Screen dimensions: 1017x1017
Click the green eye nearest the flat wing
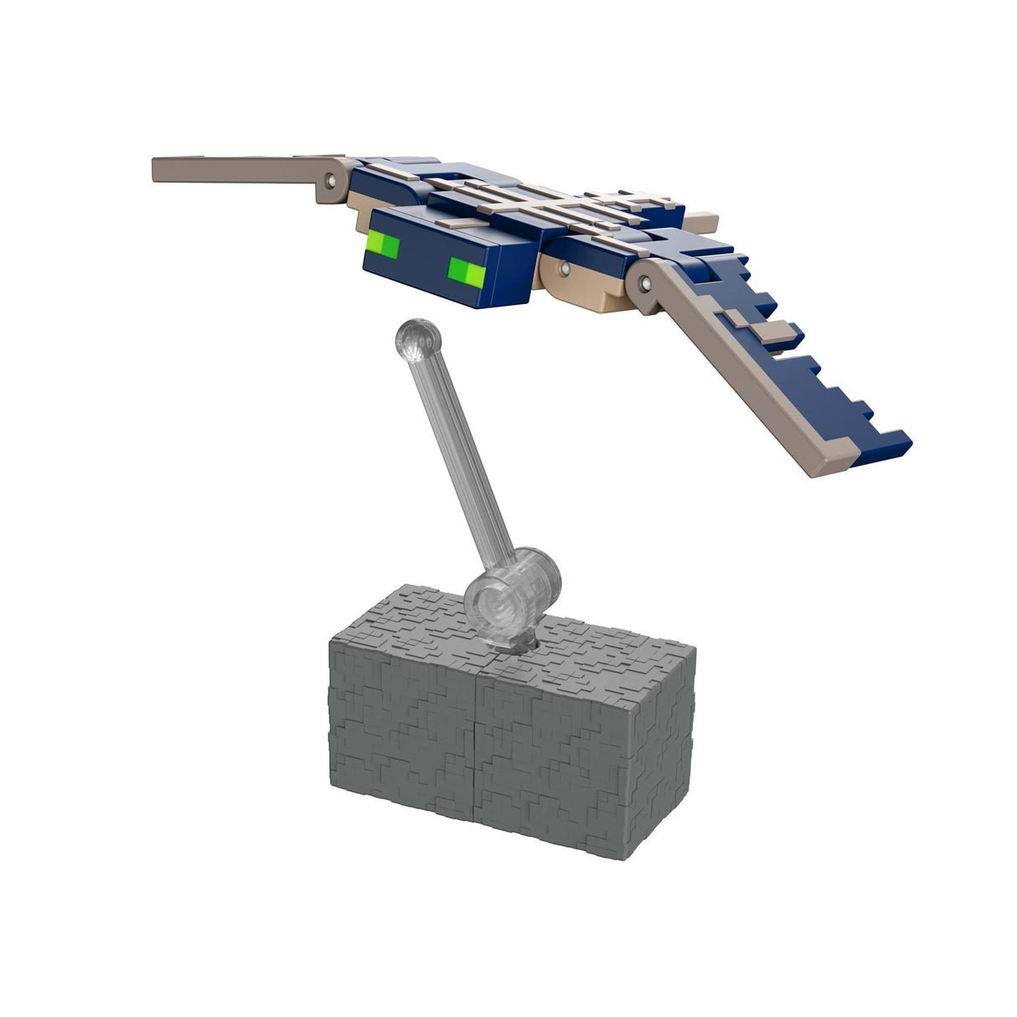click(385, 247)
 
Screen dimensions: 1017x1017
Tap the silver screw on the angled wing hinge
click(646, 285)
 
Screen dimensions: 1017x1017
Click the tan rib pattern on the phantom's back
click(536, 201)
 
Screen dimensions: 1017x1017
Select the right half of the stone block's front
click(553, 754)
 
